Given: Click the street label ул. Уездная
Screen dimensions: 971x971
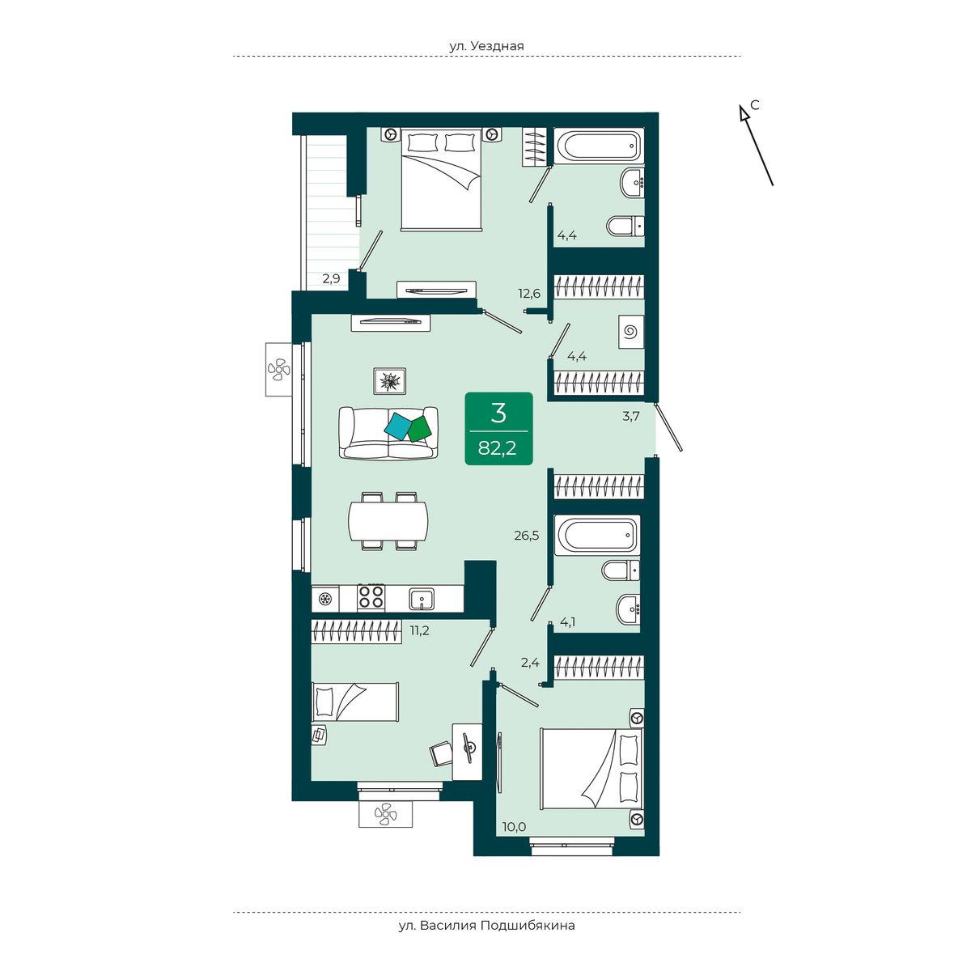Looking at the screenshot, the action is coord(487,46).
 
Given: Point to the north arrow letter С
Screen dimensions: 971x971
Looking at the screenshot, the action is coord(754,105).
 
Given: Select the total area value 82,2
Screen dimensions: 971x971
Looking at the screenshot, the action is coord(498,447).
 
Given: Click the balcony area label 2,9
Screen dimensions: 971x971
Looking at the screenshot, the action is coord(332,278).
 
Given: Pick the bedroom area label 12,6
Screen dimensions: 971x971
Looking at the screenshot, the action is coord(529,293).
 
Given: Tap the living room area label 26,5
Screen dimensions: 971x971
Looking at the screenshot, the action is coord(527,536).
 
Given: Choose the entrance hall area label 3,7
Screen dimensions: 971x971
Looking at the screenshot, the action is coord(630,416).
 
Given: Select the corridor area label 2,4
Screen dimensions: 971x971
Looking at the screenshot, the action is coord(530,662).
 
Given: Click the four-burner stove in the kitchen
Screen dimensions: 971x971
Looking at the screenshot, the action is coord(371,598).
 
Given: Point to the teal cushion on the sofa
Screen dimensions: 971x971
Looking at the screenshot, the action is coord(397,426).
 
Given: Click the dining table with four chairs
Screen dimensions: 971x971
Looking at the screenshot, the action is coord(388,521).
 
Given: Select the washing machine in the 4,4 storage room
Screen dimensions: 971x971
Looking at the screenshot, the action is coord(632,332).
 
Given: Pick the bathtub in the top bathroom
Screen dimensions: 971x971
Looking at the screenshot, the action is coord(599,146).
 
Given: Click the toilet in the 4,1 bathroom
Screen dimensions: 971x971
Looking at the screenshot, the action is coord(621,570).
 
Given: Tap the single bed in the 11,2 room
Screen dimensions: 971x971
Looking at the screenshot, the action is coord(355,702).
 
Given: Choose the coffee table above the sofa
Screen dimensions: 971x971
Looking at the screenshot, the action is coord(389,381).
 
